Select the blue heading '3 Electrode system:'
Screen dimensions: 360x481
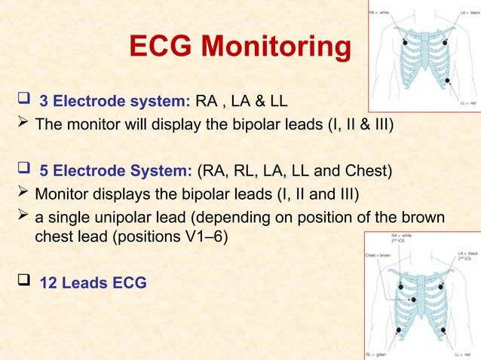[x=115, y=102]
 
